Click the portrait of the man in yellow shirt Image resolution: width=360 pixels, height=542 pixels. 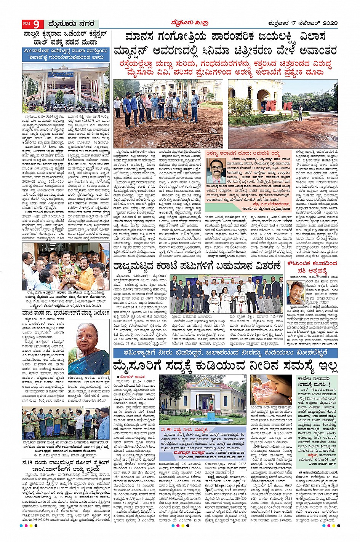point(296,292)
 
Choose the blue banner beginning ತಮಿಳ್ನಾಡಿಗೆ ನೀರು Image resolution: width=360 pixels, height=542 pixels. point(225,352)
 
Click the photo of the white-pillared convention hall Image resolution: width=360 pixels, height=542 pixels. point(66,88)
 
